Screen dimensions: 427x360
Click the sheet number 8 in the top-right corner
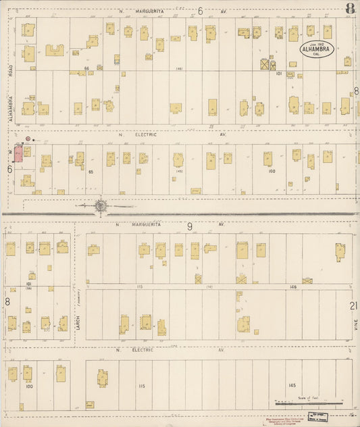(349, 9)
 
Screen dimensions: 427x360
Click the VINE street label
(354, 329)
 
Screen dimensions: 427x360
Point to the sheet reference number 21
(353, 305)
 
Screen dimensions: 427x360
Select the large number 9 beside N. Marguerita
(190, 226)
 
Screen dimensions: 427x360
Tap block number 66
(87, 68)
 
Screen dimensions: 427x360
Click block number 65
(89, 172)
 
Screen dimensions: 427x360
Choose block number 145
(292, 385)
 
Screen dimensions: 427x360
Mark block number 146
(293, 287)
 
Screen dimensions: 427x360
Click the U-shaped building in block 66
(55, 50)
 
